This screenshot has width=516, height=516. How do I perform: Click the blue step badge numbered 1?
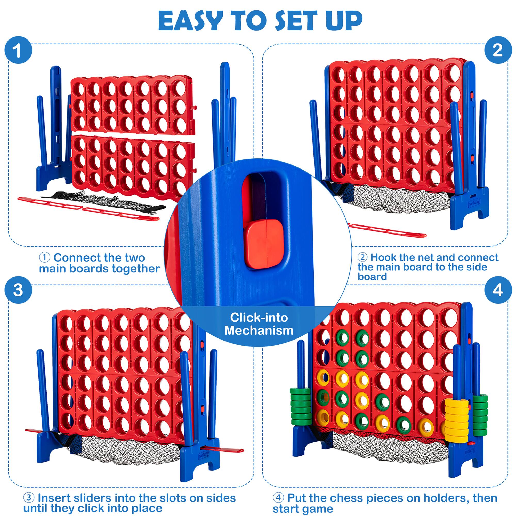click(18, 51)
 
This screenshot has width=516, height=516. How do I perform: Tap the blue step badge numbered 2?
click(497, 50)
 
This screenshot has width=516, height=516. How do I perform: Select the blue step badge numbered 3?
click(18, 290)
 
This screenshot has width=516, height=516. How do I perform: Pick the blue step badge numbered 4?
click(497, 290)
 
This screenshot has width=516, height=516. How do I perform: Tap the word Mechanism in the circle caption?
click(259, 330)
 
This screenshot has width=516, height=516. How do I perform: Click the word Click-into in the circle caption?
click(259, 317)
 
